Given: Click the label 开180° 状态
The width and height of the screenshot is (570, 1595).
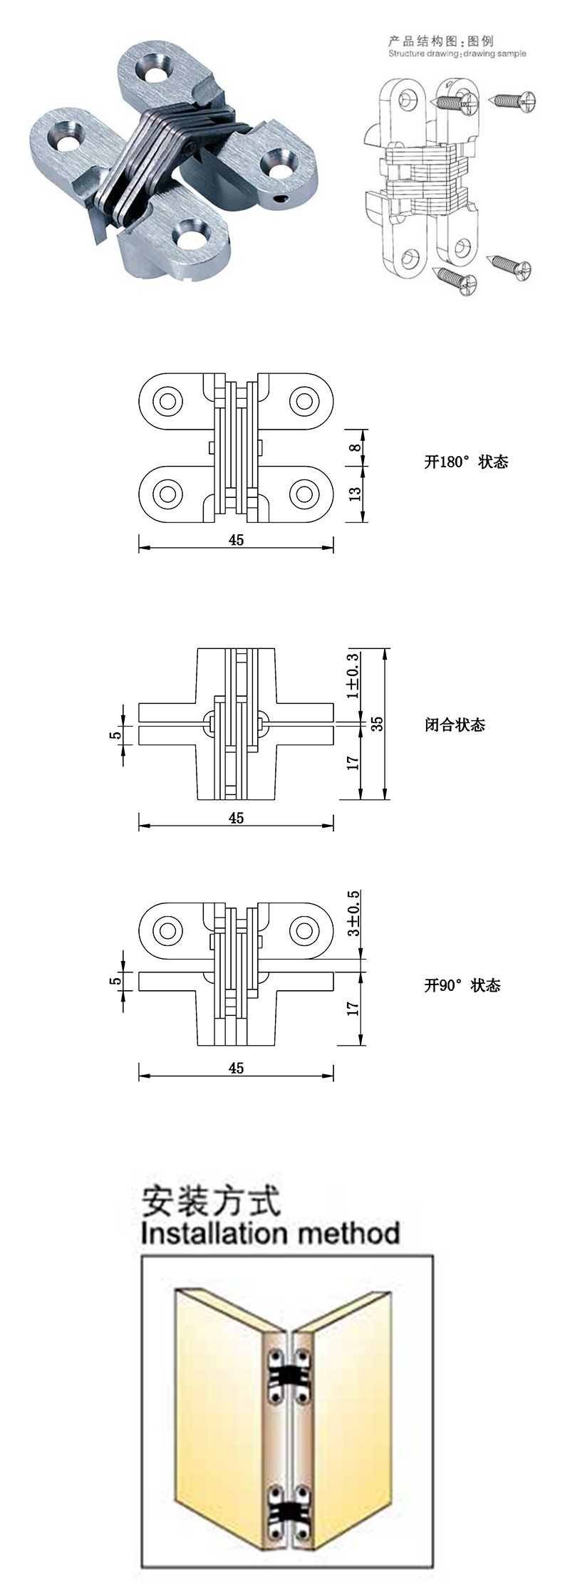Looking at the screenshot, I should (466, 462).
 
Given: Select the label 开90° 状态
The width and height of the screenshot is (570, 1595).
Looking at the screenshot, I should (462, 985).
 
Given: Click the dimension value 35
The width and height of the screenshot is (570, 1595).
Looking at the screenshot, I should (378, 723).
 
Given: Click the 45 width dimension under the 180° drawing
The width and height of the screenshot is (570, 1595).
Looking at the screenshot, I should (236, 540).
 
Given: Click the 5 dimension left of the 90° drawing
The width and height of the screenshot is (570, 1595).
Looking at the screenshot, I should (114, 981).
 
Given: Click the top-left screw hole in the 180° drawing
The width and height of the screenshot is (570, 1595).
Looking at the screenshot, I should (168, 400).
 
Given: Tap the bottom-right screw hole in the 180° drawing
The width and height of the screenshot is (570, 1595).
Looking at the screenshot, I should (304, 492).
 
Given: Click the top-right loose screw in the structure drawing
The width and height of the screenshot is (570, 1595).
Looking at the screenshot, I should (513, 103).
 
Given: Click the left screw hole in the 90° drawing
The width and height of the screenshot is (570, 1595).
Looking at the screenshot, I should (168, 930).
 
